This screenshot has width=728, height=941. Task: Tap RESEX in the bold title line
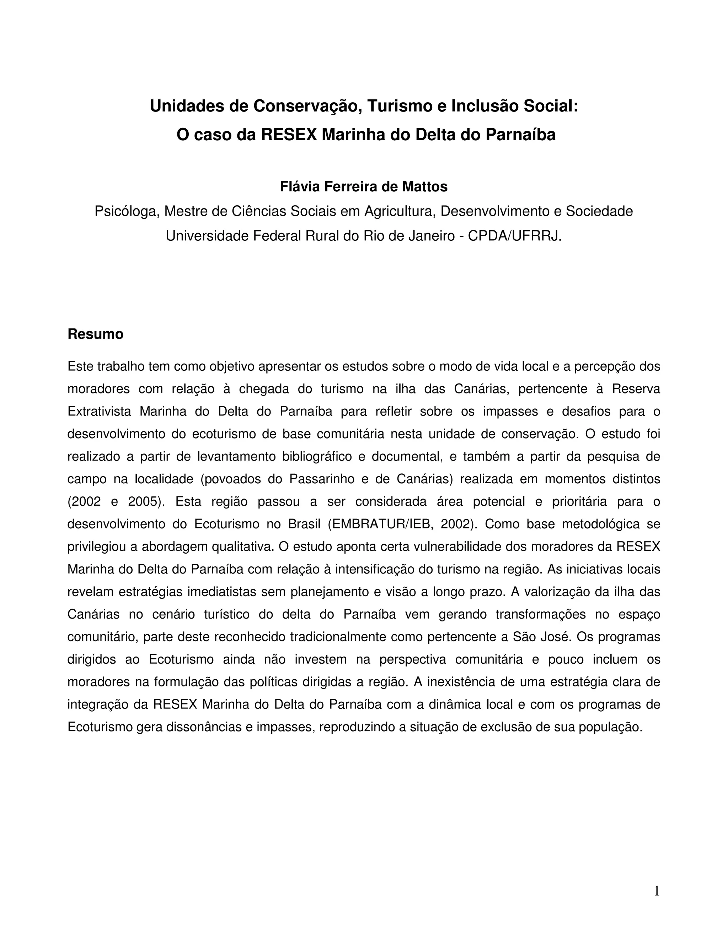coord(289,135)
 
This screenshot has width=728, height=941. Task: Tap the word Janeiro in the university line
coord(427,236)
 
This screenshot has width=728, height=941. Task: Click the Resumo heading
coord(95,334)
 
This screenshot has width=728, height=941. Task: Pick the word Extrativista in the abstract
coord(99,412)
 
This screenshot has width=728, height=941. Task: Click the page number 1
coord(657,891)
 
